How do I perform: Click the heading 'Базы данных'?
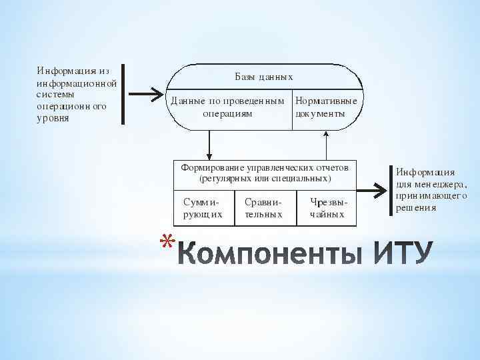[263, 77]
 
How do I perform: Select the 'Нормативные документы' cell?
[326, 107]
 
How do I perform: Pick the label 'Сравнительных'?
[263, 208]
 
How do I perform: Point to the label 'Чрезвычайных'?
[328, 208]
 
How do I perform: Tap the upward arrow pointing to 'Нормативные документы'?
[326, 143]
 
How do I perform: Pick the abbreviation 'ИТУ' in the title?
[403, 253]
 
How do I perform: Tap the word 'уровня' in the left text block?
[53, 119]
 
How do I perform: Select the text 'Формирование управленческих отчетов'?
[265, 167]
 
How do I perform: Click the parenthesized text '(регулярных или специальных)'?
[265, 178]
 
